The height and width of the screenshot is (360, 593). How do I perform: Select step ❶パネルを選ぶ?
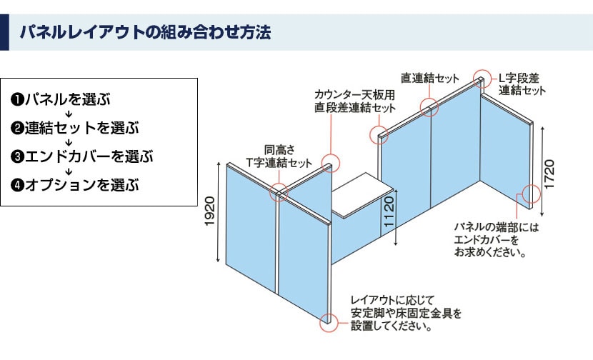pyautogui.click(x=60, y=99)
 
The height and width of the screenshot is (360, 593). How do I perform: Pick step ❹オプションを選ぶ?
pyautogui.click(x=74, y=185)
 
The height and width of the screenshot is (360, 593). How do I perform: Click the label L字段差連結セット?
pyautogui.click(x=522, y=84)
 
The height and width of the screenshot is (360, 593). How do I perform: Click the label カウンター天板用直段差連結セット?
pyautogui.click(x=355, y=101)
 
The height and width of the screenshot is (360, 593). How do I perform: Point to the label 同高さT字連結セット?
pyautogui.click(x=279, y=156)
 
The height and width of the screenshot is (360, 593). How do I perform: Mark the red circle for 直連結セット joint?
pyautogui.click(x=429, y=108)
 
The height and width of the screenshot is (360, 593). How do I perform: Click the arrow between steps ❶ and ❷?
pyautogui.click(x=70, y=114)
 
